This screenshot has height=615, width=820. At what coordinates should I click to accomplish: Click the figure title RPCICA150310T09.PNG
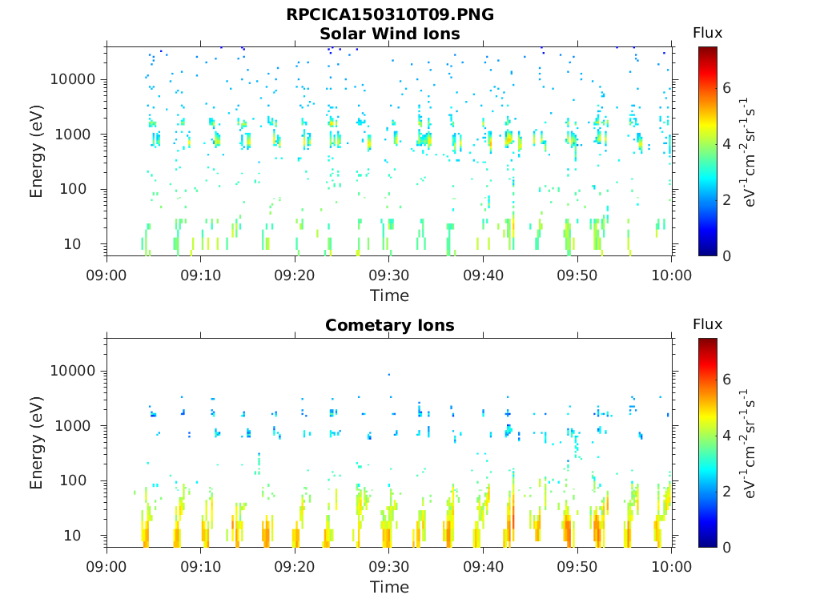[x=389, y=15]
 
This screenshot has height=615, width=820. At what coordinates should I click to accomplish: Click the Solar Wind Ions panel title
[x=389, y=34]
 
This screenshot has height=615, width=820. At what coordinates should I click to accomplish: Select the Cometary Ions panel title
[x=389, y=325]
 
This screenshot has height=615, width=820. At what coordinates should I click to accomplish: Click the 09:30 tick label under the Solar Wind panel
[x=389, y=275]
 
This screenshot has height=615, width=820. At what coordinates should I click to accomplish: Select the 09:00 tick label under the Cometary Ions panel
[x=107, y=567]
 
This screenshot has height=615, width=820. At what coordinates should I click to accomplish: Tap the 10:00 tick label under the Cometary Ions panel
[x=671, y=567]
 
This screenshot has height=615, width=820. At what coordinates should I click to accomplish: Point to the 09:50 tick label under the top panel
[x=577, y=275]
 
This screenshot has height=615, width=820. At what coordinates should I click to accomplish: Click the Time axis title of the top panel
[x=389, y=295]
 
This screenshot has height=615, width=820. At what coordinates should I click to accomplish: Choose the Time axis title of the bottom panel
[x=389, y=587]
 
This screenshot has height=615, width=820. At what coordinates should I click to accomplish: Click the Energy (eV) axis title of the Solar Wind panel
[x=37, y=151]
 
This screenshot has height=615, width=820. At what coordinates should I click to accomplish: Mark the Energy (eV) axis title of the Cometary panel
[x=37, y=442]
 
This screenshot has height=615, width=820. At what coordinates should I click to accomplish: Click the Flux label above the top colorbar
[x=707, y=33]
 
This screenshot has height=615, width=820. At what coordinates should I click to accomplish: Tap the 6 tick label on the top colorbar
[x=727, y=88]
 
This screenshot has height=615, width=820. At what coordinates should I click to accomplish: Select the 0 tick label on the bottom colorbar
[x=727, y=547]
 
